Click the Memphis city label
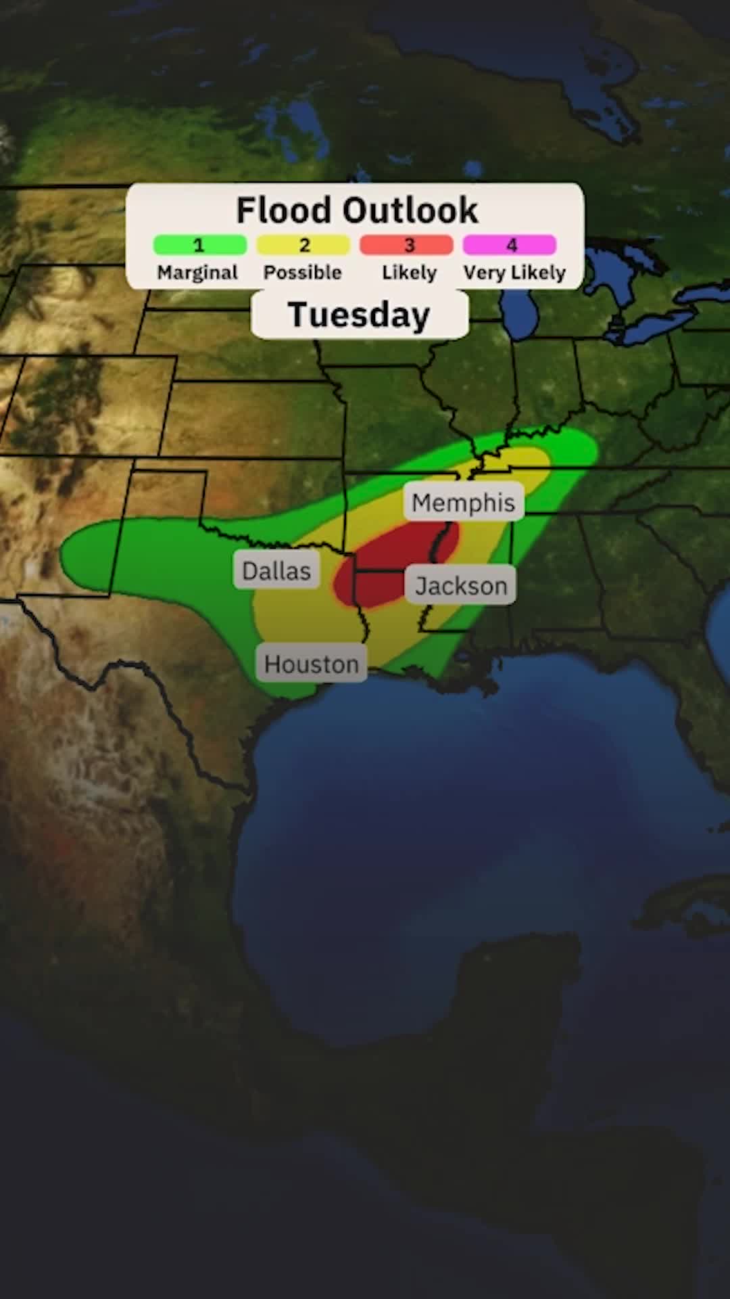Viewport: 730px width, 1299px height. click(x=464, y=503)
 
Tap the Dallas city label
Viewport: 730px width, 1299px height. click(x=276, y=570)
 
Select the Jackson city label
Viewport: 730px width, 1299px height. click(x=461, y=585)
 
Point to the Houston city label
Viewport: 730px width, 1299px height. click(x=311, y=664)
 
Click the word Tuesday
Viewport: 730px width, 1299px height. click(x=359, y=315)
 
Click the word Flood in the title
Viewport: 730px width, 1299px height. click(x=284, y=210)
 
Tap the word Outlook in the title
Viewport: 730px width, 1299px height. click(x=410, y=210)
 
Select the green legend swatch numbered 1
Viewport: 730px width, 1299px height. click(x=199, y=244)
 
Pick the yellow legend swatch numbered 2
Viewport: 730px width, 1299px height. click(x=303, y=244)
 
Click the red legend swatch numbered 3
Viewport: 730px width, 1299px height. click(x=407, y=244)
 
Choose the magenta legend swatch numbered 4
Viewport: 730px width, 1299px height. click(x=510, y=244)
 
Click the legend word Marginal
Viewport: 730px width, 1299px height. click(x=197, y=273)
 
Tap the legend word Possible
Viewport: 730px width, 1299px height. click(x=303, y=273)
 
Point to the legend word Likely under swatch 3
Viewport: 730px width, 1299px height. click(x=409, y=273)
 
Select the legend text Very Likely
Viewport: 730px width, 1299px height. click(x=514, y=273)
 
